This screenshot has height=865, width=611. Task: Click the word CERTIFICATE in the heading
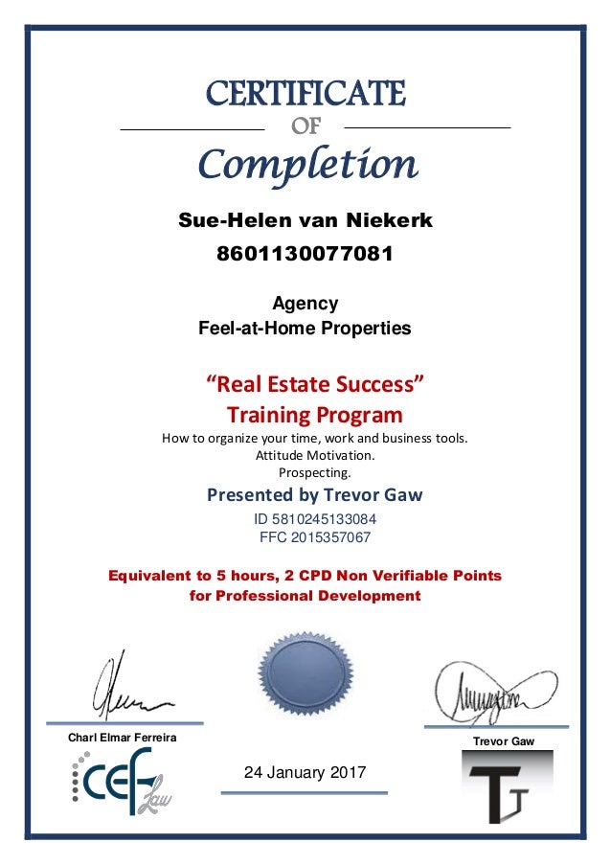(x=305, y=94)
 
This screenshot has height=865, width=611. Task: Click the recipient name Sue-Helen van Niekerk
(x=305, y=221)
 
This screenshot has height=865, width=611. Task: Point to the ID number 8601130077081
(x=305, y=256)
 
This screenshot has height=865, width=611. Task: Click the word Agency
(x=305, y=304)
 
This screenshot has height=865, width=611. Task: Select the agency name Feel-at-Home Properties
(x=305, y=329)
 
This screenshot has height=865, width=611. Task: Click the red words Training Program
(x=314, y=416)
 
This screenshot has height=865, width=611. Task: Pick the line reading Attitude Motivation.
(x=314, y=455)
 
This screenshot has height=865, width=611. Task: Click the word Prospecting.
(x=314, y=471)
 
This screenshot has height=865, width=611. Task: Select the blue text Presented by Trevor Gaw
(x=314, y=495)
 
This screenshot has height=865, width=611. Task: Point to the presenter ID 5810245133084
(x=314, y=519)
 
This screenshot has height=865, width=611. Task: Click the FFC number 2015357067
(x=314, y=537)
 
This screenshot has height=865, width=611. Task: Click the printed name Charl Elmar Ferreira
(x=118, y=737)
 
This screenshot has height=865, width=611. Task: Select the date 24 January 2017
(x=305, y=772)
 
